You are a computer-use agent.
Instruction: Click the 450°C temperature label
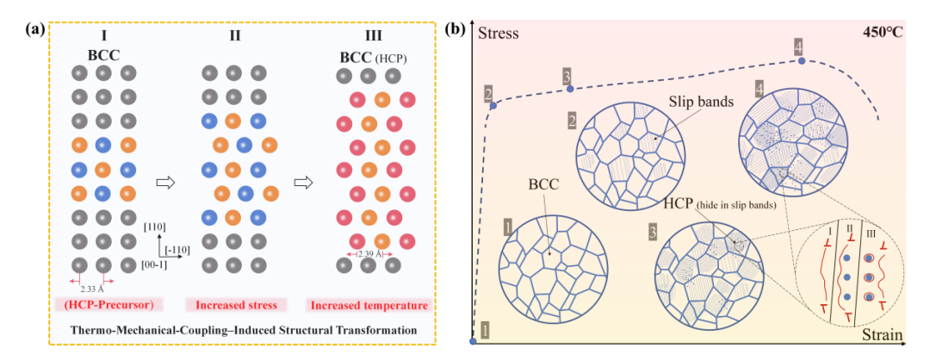(x=882, y=31)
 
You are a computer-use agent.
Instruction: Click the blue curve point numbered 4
(x=802, y=60)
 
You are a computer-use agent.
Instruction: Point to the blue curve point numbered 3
(x=570, y=89)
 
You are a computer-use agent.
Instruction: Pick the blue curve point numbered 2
(x=493, y=106)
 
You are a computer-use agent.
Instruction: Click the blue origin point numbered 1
(x=473, y=341)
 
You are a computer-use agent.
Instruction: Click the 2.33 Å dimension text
(x=91, y=290)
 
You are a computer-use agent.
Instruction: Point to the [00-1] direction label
(x=155, y=265)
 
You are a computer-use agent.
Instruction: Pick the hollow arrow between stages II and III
(x=303, y=183)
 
